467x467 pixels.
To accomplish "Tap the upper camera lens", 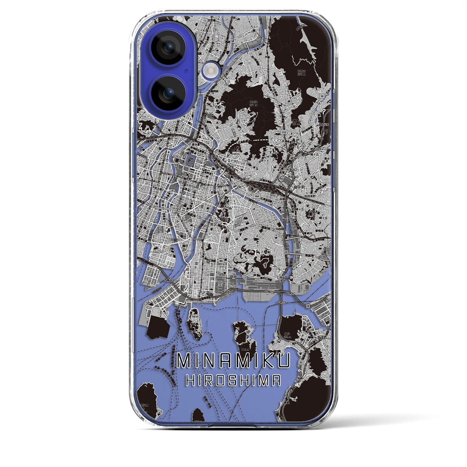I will [x=168, y=47].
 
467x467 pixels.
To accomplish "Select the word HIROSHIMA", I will [x=233, y=381].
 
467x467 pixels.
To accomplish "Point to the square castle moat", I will [x=190, y=159].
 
